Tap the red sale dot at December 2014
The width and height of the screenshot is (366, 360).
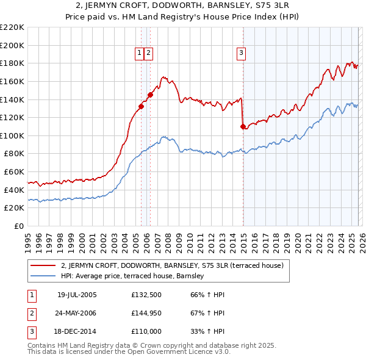click(243, 126)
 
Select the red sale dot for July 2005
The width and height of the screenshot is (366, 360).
click(141, 106)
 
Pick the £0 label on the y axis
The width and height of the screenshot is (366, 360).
click(19, 226)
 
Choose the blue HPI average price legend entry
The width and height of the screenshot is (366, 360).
click(135, 276)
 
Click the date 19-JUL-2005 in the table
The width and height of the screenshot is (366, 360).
click(77, 295)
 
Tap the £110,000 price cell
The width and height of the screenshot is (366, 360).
click(147, 333)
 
